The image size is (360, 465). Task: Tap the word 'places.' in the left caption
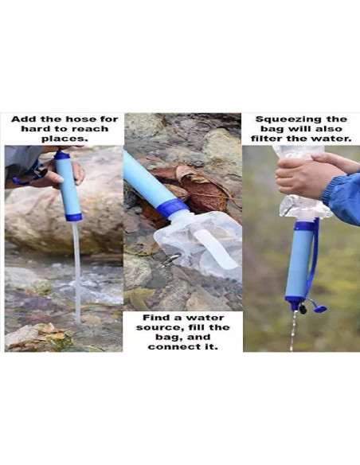tap(63, 139)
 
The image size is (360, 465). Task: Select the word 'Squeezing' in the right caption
tap(284, 119)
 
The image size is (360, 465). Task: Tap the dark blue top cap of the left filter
tap(62, 155)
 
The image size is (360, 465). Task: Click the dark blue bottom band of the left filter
tap(73, 216)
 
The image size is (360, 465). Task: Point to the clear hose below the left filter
tap(76, 271)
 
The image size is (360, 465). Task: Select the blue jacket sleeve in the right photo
tap(344, 195)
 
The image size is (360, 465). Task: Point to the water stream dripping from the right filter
tap(293, 330)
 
